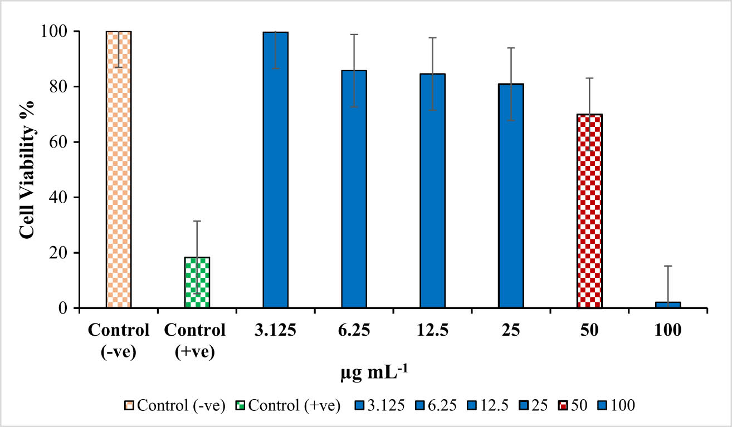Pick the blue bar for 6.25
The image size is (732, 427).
click(x=354, y=189)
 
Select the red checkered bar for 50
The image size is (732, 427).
click(x=589, y=211)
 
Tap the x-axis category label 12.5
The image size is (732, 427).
click(x=432, y=331)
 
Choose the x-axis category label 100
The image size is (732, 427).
click(x=668, y=331)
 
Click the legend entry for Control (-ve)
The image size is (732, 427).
click(x=174, y=406)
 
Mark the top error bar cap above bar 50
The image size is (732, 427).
click(x=589, y=78)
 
